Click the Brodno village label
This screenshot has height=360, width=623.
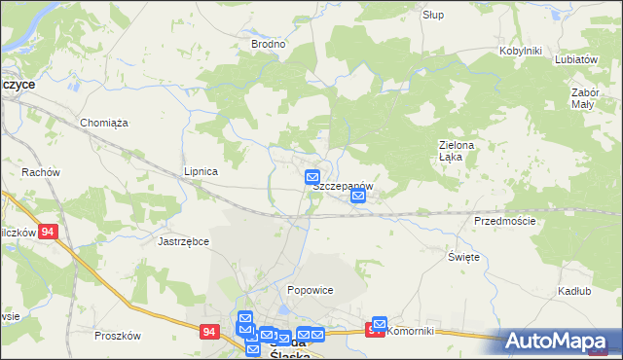pyautogui.click(x=268, y=44)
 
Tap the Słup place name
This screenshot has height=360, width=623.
pyautogui.click(x=433, y=15)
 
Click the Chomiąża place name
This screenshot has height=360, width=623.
pyautogui.click(x=104, y=123)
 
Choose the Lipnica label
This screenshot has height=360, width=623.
pyautogui.click(x=201, y=171)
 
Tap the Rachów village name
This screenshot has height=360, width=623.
pyautogui.click(x=41, y=172)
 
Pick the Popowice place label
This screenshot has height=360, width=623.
pyautogui.click(x=311, y=290)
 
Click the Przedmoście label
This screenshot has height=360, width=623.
pyautogui.click(x=504, y=221)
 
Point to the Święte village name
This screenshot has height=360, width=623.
pyautogui.click(x=463, y=256)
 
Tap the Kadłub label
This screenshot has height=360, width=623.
pyautogui.click(x=574, y=292)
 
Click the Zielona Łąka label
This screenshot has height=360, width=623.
pyautogui.click(x=456, y=151)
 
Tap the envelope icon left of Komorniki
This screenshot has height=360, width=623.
pyautogui.click(x=380, y=324)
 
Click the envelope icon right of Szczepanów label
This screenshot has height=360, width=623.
pyautogui.click(x=358, y=197)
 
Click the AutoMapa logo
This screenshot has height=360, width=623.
pyautogui.click(x=562, y=342)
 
